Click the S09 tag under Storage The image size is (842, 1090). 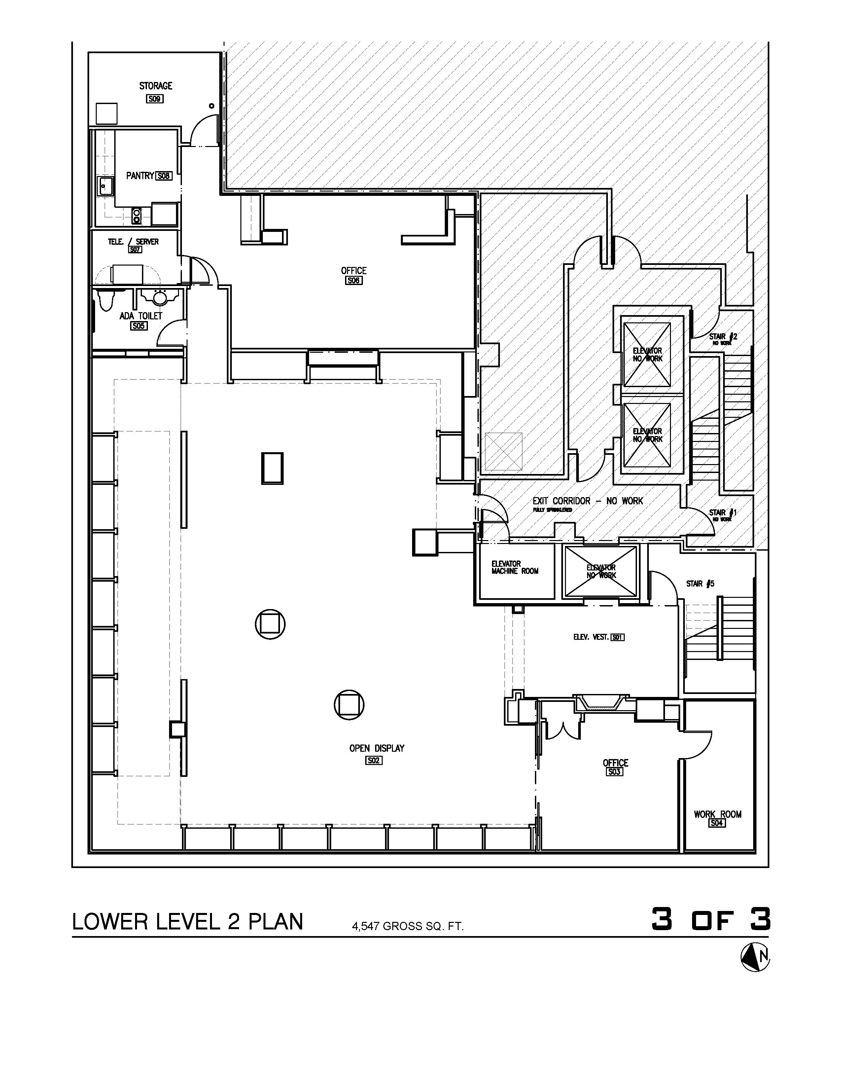(x=155, y=99)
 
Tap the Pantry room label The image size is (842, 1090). (x=140, y=176)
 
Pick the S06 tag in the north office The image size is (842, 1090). (x=354, y=280)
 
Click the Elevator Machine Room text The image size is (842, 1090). (x=515, y=567)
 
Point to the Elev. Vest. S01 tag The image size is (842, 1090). (x=617, y=637)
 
